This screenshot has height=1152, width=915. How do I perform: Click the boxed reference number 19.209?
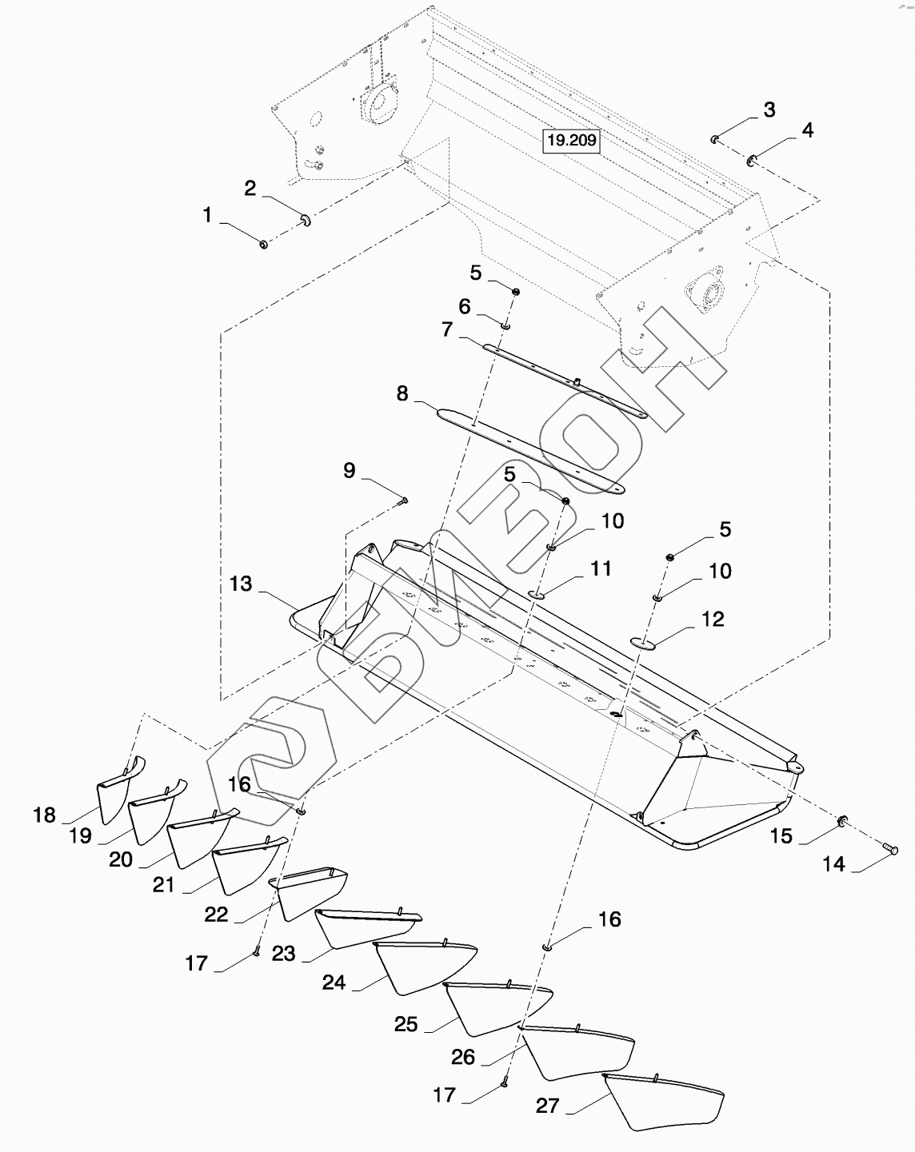click(571, 141)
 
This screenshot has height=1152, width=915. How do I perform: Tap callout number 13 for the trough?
click(241, 584)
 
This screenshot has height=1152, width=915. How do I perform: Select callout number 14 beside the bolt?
click(833, 864)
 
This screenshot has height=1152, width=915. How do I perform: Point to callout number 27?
click(548, 1106)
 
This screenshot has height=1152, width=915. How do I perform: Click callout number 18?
click(45, 815)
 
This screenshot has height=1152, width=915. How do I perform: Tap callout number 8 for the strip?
click(402, 393)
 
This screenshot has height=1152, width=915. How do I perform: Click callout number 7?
click(447, 329)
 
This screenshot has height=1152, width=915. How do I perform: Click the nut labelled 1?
click(264, 243)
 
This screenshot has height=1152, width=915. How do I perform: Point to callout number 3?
click(769, 110)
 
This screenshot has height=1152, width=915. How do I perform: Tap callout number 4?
click(808, 130)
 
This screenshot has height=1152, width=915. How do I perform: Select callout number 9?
click(349, 470)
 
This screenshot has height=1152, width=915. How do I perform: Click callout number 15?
click(781, 835)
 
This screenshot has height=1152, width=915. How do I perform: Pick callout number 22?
click(216, 915)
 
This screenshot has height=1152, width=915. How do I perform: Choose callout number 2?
click(250, 188)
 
